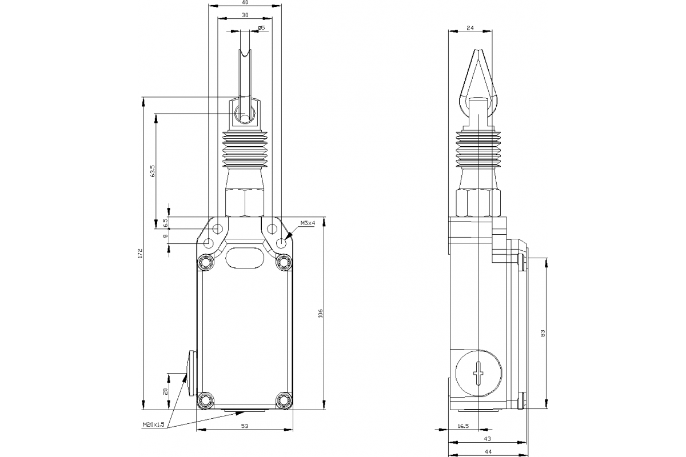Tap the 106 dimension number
321,313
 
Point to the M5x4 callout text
308,223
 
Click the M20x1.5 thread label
153,424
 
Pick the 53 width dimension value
245,426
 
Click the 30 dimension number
245,16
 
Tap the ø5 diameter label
261,28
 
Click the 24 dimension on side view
470,27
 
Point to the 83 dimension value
542,334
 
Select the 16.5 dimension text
463,426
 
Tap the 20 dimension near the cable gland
166,391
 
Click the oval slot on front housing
244,257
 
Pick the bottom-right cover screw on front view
284,400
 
